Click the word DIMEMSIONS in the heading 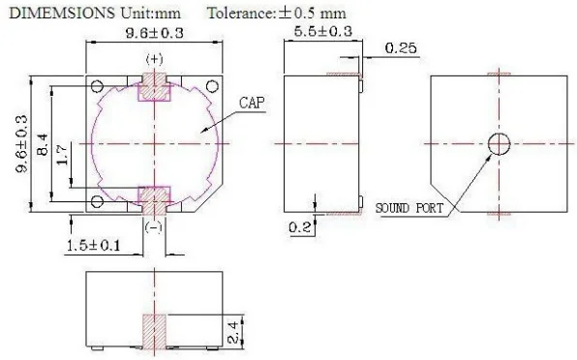tap(62, 14)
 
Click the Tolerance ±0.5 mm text tap(277, 14)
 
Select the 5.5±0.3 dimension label tap(322, 31)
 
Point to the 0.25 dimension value tap(401, 47)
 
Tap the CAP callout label tap(252, 103)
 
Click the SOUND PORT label tap(410, 208)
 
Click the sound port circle tap(499, 144)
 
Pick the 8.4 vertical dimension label tap(43, 144)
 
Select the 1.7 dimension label tap(62, 155)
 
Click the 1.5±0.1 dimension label tap(93, 245)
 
